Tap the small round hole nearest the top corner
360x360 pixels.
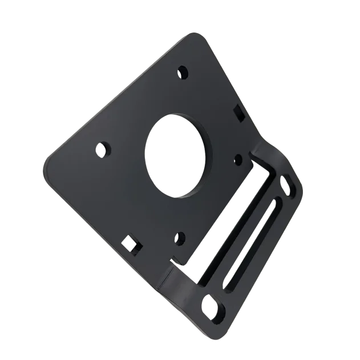click(x=183, y=72)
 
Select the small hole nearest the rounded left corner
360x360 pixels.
click(x=103, y=149)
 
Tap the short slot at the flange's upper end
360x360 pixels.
click(x=288, y=186)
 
